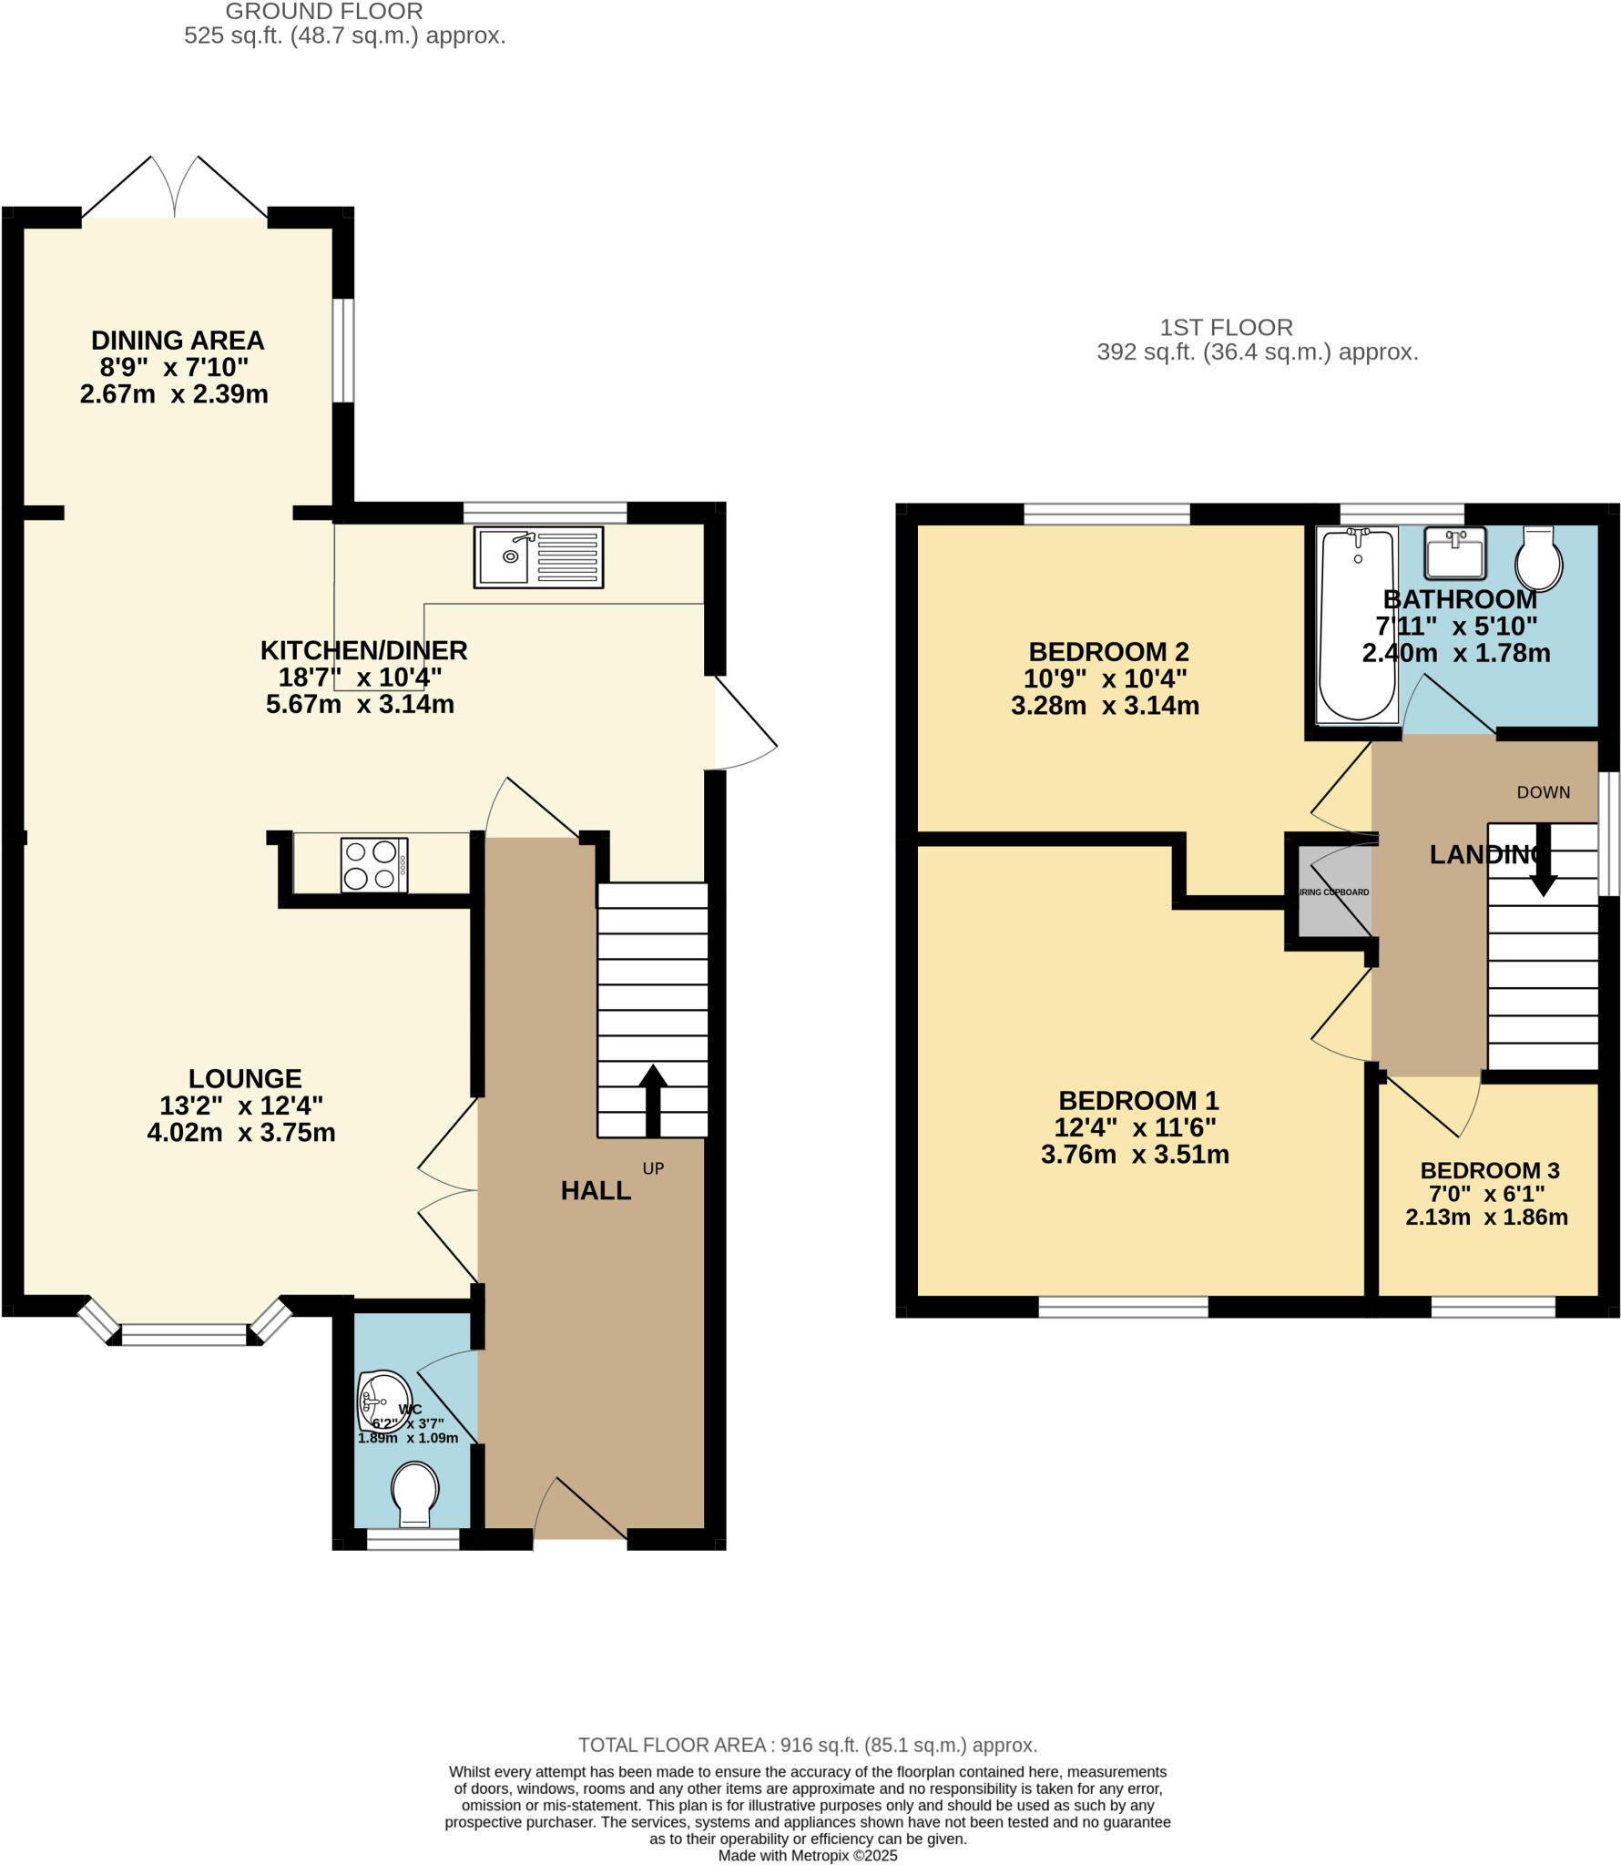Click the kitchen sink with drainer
[538, 556]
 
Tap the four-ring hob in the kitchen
[374, 865]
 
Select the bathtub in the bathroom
[1357, 625]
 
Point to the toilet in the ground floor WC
[414, 1494]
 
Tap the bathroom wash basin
[1455, 553]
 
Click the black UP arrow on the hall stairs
[653, 1100]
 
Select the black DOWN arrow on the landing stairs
[1543, 860]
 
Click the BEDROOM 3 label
[1489, 1170]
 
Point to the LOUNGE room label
[245, 1078]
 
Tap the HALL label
[596, 1190]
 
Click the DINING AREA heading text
[178, 341]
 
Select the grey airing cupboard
[1333, 892]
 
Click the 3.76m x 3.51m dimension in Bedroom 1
[1135, 1155]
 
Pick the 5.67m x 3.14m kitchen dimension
[360, 704]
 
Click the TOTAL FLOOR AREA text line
[808, 1745]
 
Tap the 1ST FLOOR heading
[1226, 327]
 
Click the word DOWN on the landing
[1543, 792]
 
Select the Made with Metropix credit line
[808, 1855]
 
